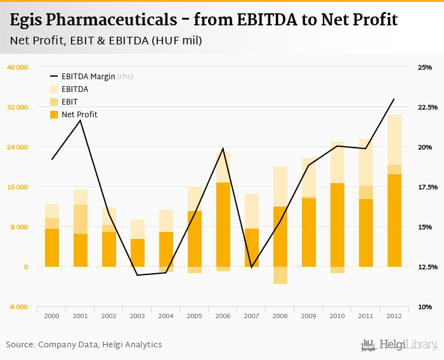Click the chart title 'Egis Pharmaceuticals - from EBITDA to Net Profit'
(x=204, y=20)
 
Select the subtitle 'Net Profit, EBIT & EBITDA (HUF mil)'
(x=106, y=41)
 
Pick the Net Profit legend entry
(x=79, y=115)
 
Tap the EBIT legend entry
(x=69, y=102)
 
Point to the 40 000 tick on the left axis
(x=17, y=67)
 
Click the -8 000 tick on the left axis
(x=18, y=307)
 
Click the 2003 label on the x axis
(x=137, y=316)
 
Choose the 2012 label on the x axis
(x=394, y=316)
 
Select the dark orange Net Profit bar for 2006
(x=223, y=224)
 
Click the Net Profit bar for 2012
(x=394, y=220)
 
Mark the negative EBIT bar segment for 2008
(x=280, y=275)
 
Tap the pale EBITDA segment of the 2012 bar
(x=394, y=139)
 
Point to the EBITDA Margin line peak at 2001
(x=80, y=120)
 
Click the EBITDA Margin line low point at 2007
(x=251, y=267)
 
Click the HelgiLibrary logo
(x=400, y=345)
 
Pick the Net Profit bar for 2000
(x=52, y=248)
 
